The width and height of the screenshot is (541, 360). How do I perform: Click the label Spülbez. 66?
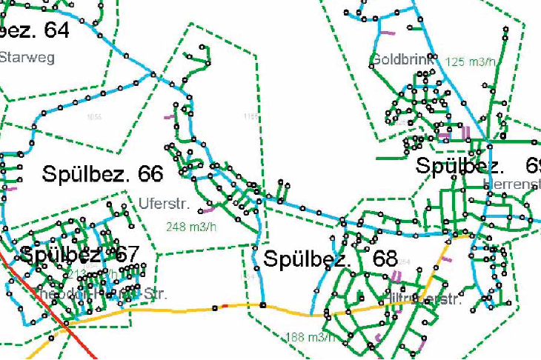pos(102,175)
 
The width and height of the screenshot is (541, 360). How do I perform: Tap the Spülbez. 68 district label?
pos(331,260)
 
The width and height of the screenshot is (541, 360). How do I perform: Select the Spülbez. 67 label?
pos(79,254)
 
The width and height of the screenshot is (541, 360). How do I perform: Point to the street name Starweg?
pos(27,58)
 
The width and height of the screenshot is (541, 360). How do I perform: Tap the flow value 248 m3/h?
pos(190,226)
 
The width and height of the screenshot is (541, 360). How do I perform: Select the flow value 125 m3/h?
pos(471,61)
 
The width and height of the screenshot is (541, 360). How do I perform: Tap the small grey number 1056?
pos(94,117)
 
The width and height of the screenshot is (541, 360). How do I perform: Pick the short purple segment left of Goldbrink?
pos(386,33)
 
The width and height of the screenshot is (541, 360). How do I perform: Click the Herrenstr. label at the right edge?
pos(511,183)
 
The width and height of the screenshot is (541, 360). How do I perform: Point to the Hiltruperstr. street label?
pos(420,300)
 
